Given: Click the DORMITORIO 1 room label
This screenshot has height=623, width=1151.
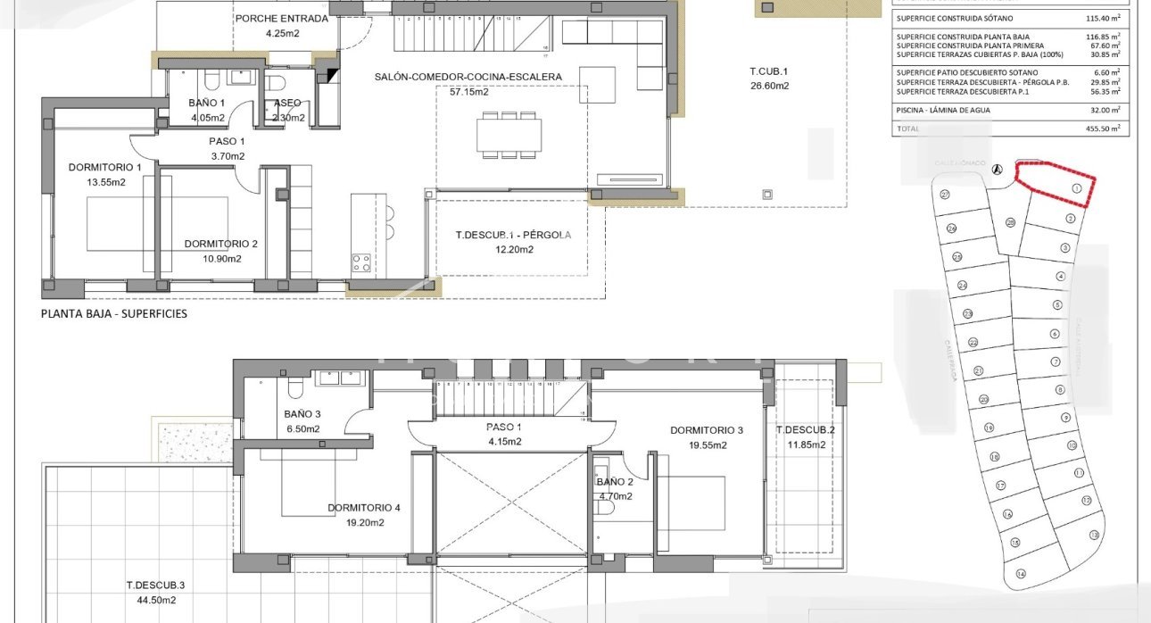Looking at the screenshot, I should point(104,167).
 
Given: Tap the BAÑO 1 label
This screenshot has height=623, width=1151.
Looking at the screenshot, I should point(206,104).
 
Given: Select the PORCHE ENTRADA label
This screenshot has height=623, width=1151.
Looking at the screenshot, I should point(281,18).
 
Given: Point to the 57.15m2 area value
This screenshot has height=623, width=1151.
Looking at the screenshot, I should point(469,91).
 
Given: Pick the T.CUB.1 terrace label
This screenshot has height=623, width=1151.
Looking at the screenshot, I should point(769,71).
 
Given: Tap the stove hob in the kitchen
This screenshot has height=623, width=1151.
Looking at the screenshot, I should point(361,262).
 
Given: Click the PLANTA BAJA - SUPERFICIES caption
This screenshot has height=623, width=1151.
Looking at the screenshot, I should point(114,314).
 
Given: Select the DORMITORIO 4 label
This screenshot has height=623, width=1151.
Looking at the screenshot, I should point(363,508).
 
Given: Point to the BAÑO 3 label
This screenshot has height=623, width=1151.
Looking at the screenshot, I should point(302,414).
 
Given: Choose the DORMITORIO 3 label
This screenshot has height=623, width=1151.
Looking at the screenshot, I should point(706,430).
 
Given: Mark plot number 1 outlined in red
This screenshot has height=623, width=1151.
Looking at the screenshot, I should point(1076,188).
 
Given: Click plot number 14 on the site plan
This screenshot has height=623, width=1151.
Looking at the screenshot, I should point(1021,573).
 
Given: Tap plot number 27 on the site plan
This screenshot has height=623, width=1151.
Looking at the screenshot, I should point(945,194).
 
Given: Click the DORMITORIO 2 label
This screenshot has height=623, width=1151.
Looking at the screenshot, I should point(220,244).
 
